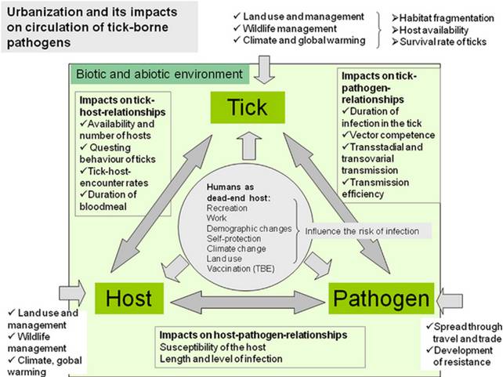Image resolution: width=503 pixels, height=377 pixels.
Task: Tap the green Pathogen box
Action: pos(381,299)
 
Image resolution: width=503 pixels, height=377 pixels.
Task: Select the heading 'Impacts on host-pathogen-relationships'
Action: pos(251,335)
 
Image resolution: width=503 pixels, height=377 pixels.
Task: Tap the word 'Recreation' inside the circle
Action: pos(226,208)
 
